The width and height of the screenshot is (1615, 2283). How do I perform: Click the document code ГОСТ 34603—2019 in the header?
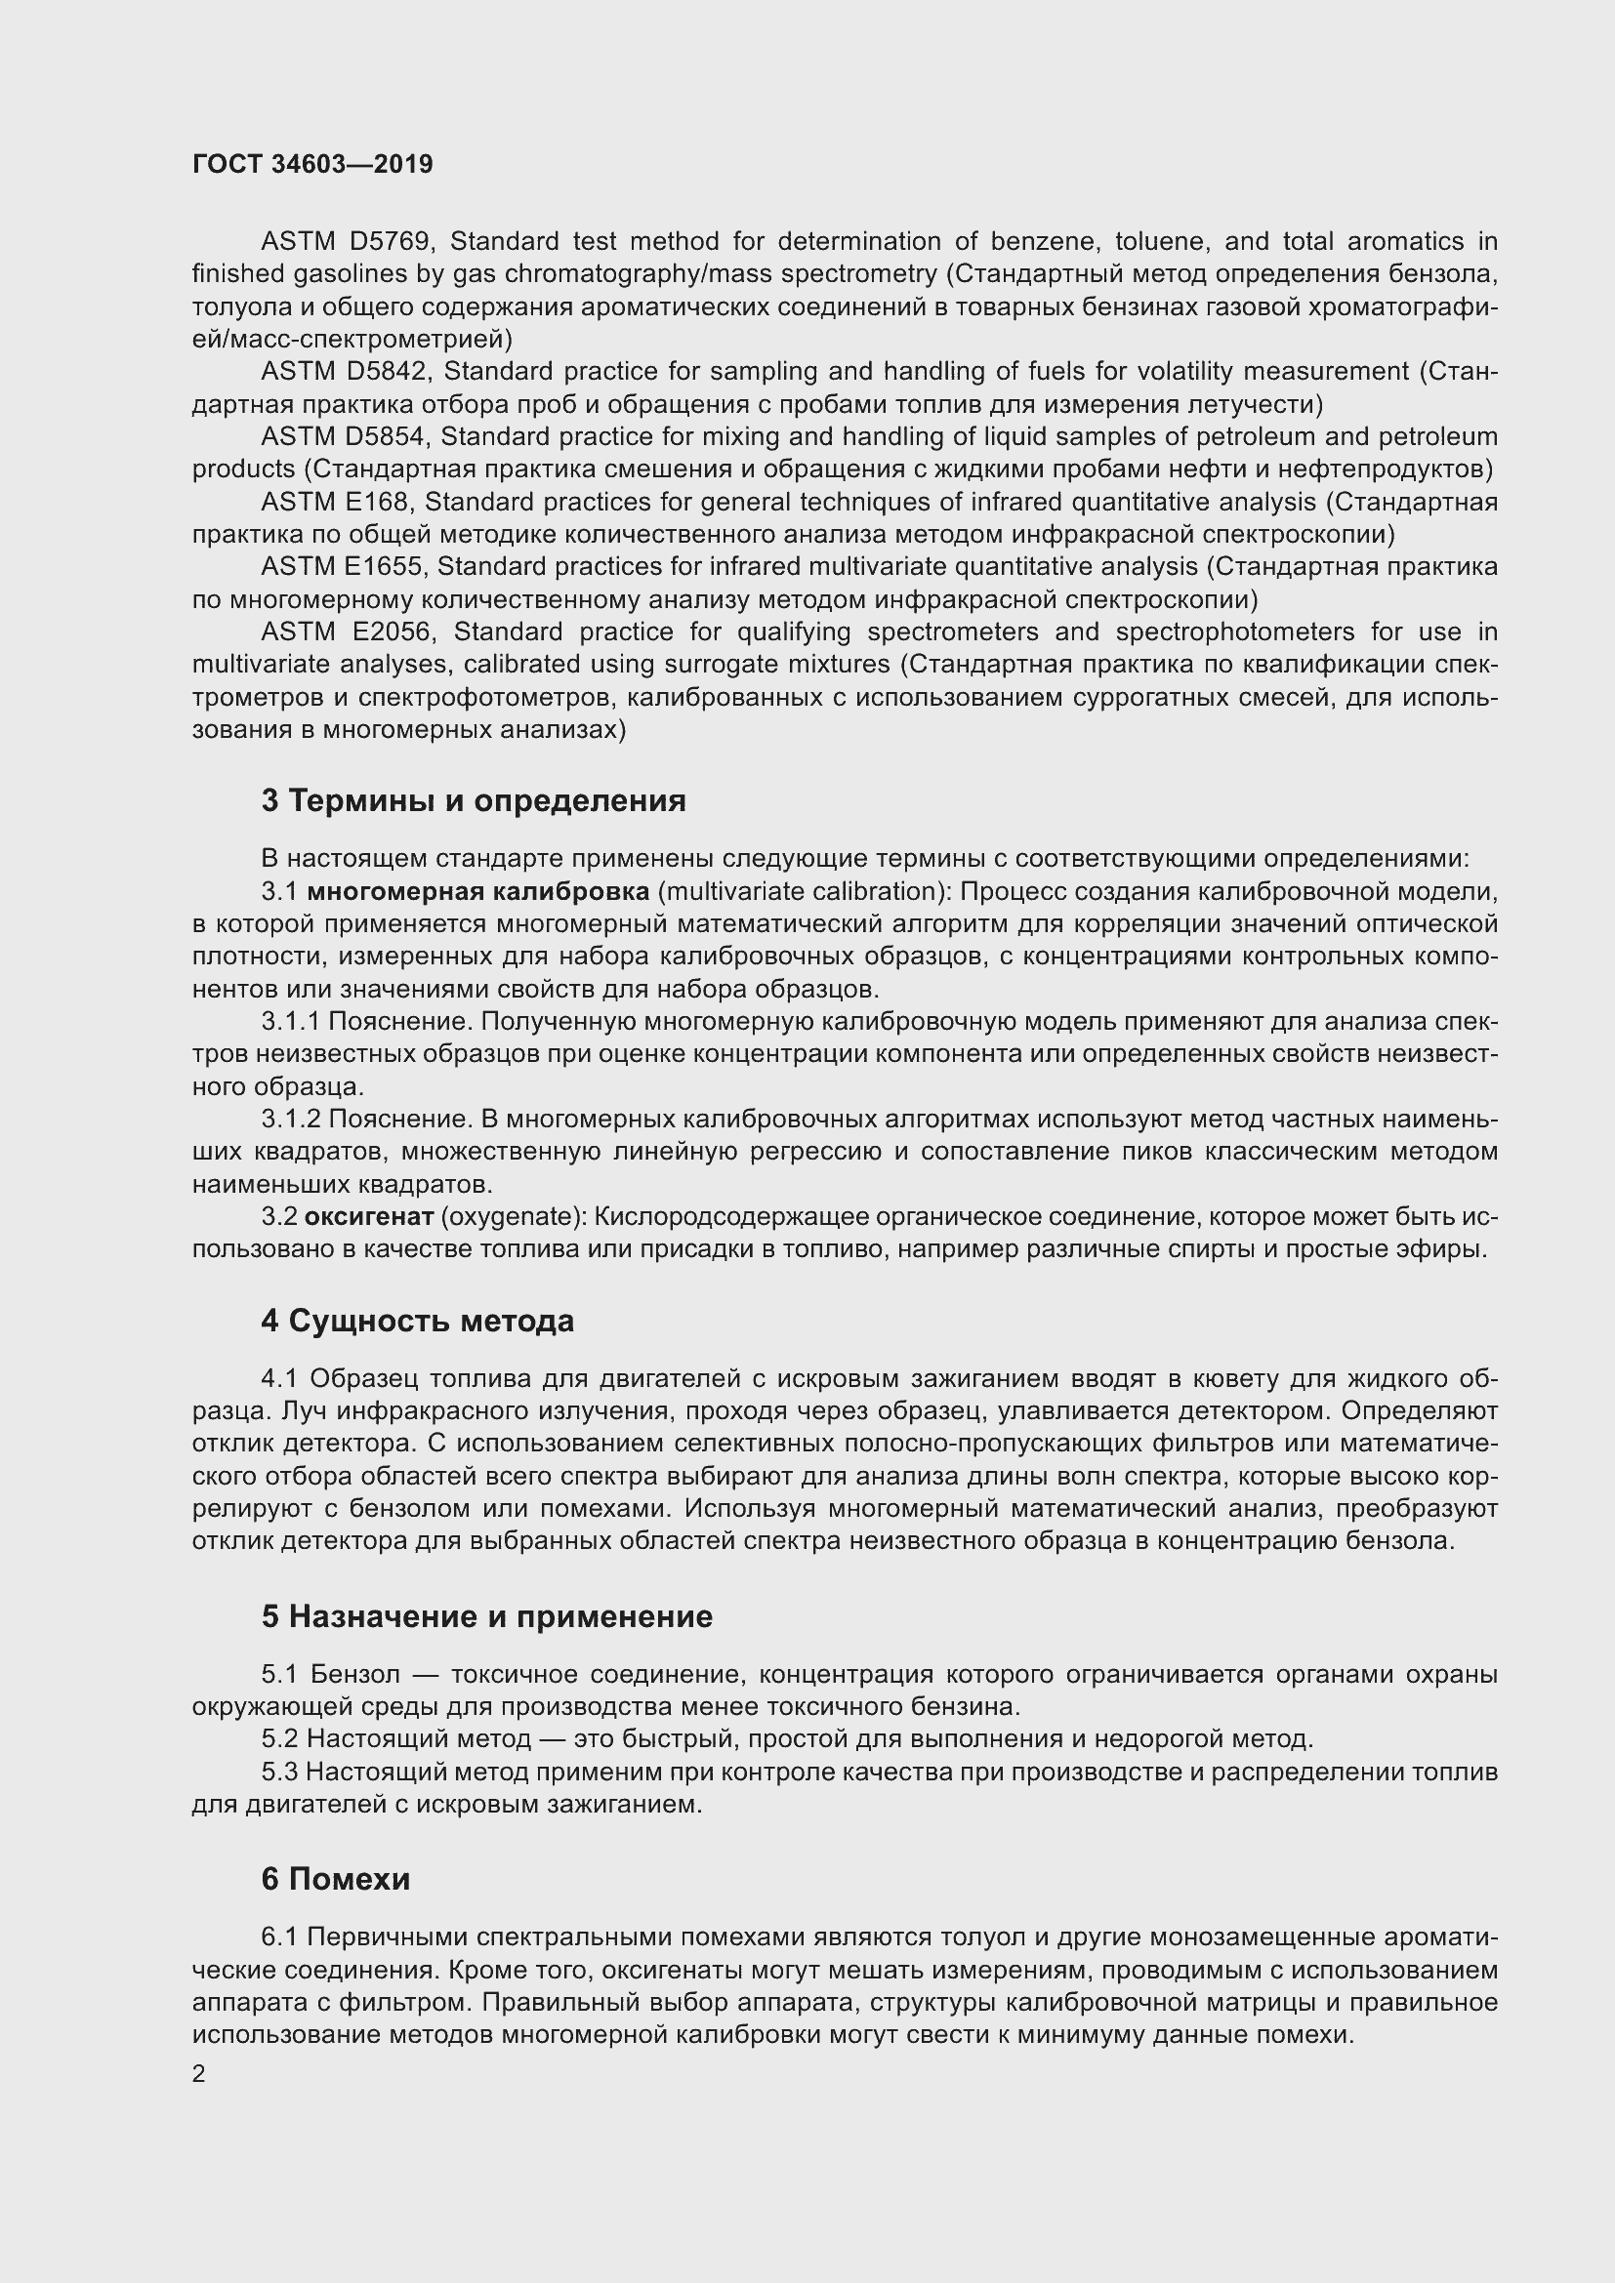tap(312, 164)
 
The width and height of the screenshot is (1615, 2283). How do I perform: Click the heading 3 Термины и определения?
tap(474, 800)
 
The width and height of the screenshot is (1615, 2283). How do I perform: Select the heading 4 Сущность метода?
tap(418, 1321)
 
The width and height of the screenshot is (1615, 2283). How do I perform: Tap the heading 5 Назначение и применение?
tap(487, 1615)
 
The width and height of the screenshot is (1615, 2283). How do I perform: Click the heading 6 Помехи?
tap(335, 1878)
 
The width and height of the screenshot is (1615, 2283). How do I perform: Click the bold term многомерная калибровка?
tap(477, 892)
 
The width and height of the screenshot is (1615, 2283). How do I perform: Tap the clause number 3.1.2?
tap(290, 1120)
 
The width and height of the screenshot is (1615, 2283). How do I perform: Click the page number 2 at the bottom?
tap(199, 2074)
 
